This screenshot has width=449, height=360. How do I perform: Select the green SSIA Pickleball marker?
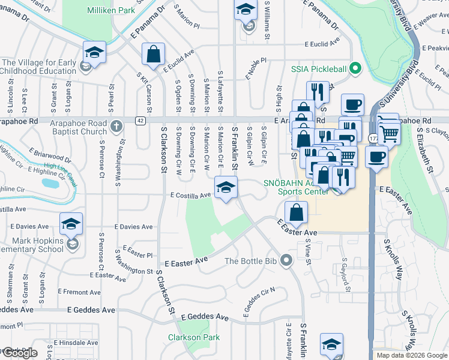coord(355,68)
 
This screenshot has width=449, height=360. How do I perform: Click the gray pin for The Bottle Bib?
coord(286,260)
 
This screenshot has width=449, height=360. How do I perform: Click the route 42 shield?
coord(139,121)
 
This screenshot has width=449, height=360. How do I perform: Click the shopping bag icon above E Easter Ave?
coord(297,212)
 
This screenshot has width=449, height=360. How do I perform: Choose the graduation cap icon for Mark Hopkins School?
coord(71,226)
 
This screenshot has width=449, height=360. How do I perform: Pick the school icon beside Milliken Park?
coord(94,52)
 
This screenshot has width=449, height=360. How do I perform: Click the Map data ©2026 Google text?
coord(411,355)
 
